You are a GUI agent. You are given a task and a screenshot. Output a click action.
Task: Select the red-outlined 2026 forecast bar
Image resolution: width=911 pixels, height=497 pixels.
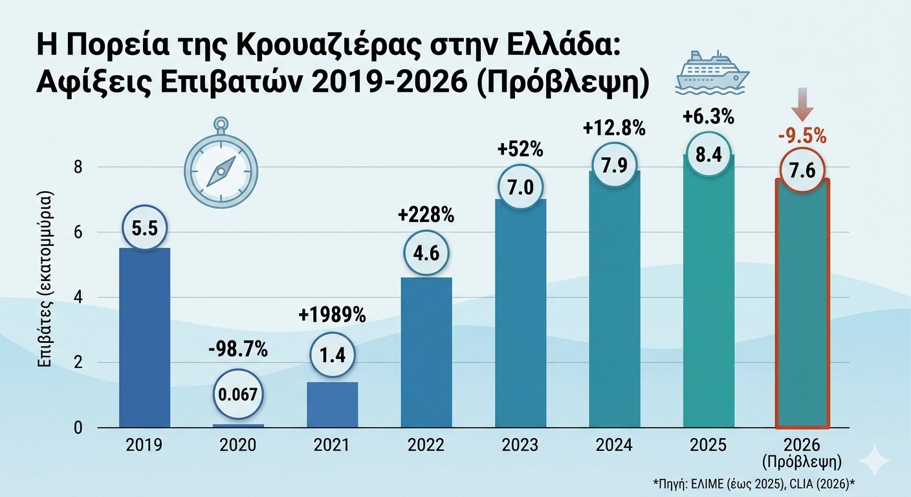802,311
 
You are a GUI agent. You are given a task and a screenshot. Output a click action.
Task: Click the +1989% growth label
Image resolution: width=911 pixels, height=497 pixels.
332,315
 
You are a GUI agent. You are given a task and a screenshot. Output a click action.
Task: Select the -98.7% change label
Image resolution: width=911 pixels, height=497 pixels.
239,352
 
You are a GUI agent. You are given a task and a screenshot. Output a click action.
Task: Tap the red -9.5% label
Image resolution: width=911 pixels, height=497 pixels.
802,137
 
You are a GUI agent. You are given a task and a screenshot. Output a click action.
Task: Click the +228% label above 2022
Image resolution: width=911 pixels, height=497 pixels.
426,215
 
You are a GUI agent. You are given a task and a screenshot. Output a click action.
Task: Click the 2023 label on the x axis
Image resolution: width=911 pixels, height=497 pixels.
521,446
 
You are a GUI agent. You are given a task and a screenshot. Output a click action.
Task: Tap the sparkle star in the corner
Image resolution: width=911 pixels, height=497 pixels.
878,461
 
